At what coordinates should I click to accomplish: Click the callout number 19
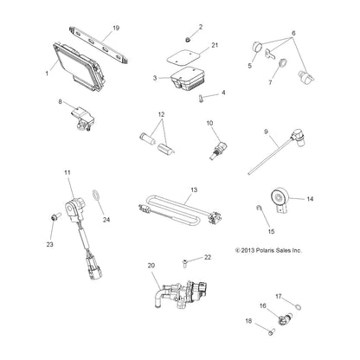coord(116,28)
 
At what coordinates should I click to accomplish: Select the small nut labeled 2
coord(188,40)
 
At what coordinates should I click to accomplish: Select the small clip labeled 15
coord(259,208)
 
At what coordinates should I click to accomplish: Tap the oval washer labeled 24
coord(96,195)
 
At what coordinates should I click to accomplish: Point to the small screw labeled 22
coord(185,262)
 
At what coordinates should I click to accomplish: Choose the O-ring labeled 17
coord(299,305)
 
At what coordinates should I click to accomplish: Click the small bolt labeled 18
coord(271,331)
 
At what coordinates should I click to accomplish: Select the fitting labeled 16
coord(285,318)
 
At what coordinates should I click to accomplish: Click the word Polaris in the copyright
coord(265,250)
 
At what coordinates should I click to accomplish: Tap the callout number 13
coord(194,190)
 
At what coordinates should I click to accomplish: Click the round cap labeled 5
coord(257,47)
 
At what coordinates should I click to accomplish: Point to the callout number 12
coord(161,114)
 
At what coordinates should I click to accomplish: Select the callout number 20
coord(151,265)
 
